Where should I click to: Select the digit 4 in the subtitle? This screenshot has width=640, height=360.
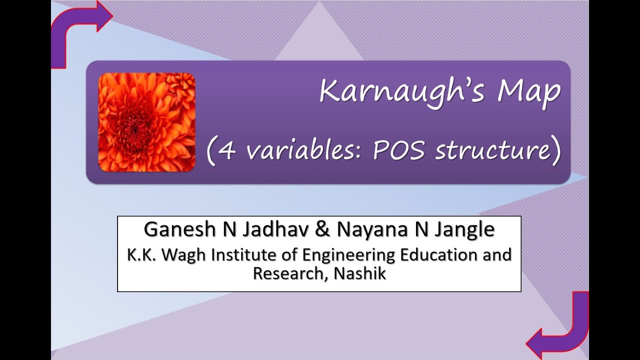tap(227, 150)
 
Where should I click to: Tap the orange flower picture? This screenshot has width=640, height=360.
tap(146, 122)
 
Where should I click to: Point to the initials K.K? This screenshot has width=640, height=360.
tap(141, 255)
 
